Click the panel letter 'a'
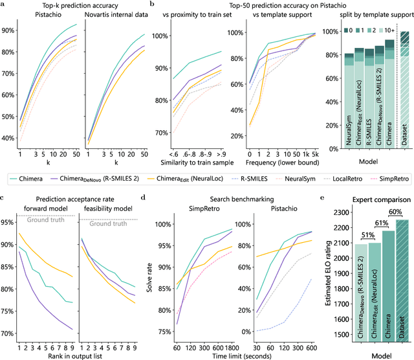click(3, 5)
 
